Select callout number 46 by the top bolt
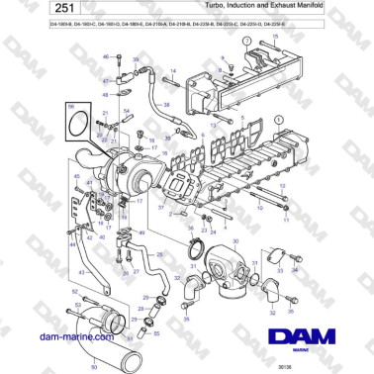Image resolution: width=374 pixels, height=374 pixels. [x=106, y=57]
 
